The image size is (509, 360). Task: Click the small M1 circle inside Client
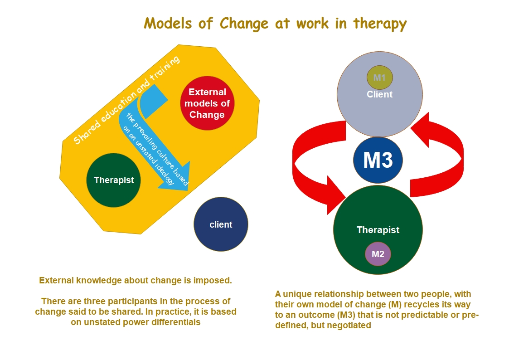(379, 78)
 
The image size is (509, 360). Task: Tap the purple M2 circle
(378, 254)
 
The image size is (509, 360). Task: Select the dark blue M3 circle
(378, 160)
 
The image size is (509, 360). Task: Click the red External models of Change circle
(207, 103)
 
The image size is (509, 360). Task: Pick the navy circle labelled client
(221, 224)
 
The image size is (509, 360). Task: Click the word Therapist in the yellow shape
(114, 180)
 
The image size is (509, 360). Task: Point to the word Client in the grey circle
(380, 94)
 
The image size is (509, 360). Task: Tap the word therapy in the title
(380, 24)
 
